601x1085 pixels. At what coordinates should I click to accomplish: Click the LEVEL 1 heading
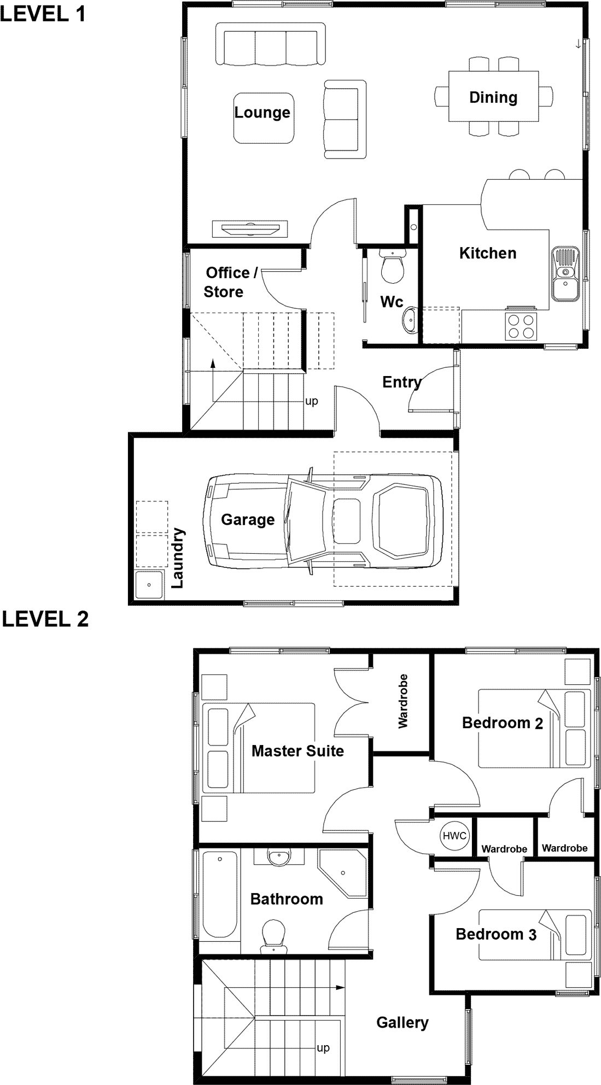tap(43, 14)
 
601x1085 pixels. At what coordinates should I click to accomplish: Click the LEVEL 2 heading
tap(45, 619)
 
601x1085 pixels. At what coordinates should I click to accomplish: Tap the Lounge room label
tap(262, 113)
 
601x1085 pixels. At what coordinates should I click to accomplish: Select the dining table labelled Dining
tap(493, 97)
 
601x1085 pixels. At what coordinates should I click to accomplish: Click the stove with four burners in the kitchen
tap(520, 326)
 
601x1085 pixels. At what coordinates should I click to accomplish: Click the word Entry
tap(402, 382)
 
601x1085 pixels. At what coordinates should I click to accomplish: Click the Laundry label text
tap(178, 558)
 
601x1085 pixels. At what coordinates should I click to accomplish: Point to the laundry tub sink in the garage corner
tap(149, 585)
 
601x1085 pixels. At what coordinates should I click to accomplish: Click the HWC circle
tap(454, 836)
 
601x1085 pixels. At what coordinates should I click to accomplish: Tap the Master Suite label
tap(297, 751)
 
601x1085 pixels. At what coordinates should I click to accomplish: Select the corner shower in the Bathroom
tap(343, 873)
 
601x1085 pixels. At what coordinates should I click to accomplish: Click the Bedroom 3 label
tap(496, 934)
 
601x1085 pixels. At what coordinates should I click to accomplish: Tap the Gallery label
tap(402, 1023)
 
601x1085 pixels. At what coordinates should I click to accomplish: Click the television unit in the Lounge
tap(249, 228)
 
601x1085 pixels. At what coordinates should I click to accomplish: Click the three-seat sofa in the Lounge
tap(270, 44)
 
